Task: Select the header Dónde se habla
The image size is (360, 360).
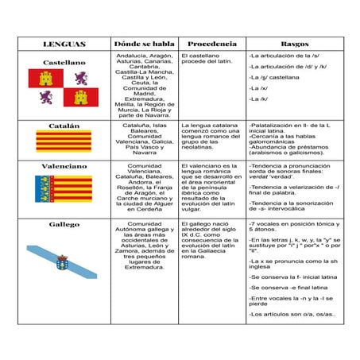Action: [143, 44]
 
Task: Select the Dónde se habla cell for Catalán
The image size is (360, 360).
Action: [143, 138]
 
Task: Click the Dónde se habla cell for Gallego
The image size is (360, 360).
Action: [143, 246]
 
